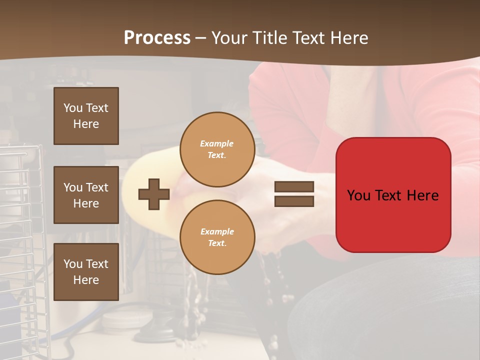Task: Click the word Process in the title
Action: (x=157, y=38)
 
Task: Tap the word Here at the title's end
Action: (x=347, y=38)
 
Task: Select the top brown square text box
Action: (x=86, y=116)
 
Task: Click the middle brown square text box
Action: (x=86, y=195)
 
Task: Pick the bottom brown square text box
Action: (x=86, y=272)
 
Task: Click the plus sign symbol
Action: (x=154, y=194)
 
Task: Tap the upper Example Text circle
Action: (x=217, y=149)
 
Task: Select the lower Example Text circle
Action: (x=217, y=237)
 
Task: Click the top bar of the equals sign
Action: (x=294, y=186)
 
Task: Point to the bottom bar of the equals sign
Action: (x=294, y=201)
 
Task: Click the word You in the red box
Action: (x=358, y=195)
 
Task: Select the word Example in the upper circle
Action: (x=216, y=143)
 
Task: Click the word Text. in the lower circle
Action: (x=217, y=243)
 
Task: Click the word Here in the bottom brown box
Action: (x=86, y=280)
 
